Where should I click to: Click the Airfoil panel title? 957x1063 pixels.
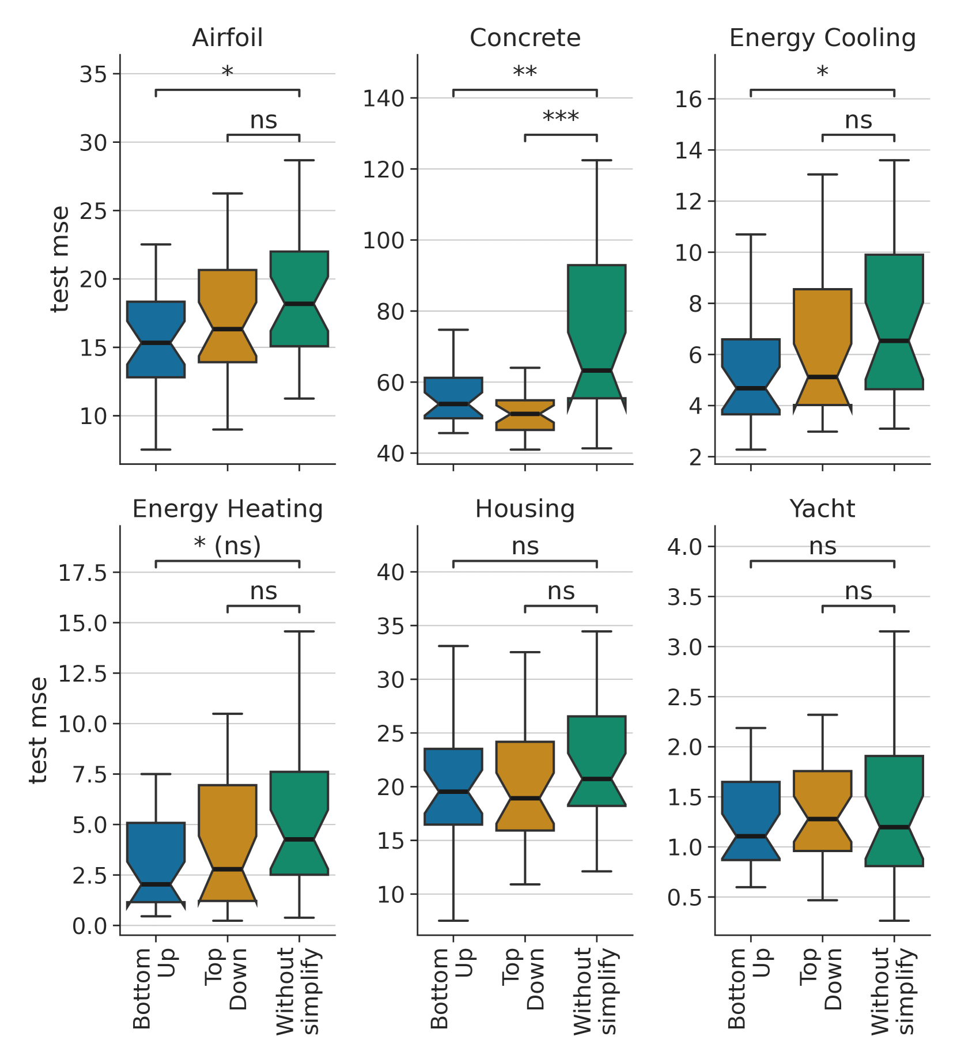[x=228, y=38]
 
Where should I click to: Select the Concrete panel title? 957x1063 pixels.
[x=525, y=38]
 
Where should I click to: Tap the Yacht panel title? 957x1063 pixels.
[x=822, y=509]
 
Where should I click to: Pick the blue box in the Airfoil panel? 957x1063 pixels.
[x=156, y=340]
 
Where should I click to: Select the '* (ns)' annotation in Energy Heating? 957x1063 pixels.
[x=228, y=545]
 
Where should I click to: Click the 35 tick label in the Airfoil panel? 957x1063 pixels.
[x=93, y=74]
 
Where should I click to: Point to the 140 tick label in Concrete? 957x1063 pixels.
[x=383, y=99]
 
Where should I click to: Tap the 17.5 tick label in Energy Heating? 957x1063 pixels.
[x=82, y=573]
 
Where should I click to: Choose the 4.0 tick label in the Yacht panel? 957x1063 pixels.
[x=684, y=547]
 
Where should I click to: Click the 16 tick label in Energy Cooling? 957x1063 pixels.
[x=689, y=100]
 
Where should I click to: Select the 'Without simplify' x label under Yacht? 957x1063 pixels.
[x=894, y=991]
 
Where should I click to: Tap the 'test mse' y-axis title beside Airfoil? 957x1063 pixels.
[x=60, y=259]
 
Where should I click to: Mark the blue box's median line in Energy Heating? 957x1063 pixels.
[x=156, y=884]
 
